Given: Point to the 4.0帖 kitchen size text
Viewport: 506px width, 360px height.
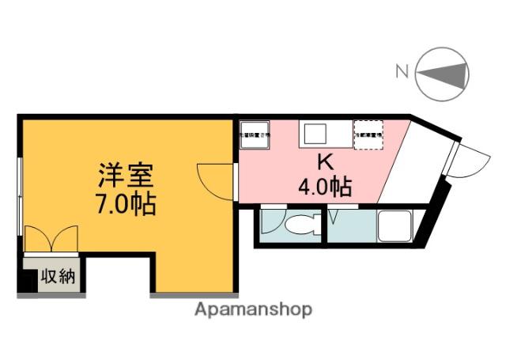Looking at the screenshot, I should click(324, 188).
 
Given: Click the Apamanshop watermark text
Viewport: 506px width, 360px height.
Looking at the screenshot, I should click(254, 309).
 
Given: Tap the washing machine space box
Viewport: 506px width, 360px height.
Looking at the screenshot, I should click(255, 135).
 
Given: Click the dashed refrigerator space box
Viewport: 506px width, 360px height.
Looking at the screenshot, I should click(368, 135).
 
